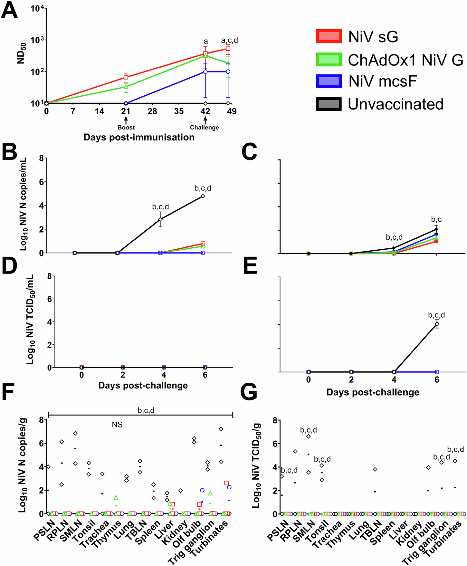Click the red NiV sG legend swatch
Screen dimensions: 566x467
pos(329,36)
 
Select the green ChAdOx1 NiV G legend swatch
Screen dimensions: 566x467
pos(329,60)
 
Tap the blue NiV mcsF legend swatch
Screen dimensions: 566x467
pos(329,82)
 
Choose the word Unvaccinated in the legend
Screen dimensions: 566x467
pos(396,104)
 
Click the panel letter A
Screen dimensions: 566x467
pos(9,11)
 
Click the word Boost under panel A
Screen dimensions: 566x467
pos(126,128)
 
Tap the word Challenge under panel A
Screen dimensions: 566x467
pos(204,128)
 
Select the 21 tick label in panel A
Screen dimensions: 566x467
pos(126,111)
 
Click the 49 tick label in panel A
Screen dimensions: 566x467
pos(231,111)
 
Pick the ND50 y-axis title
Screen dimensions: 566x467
pos(21,53)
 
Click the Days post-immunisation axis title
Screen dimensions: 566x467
pos(139,138)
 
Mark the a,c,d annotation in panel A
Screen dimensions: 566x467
pos(229,41)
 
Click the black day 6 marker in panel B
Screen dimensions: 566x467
pos(203,196)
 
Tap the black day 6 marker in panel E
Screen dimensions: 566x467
pos(437,324)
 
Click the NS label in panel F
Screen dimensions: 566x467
pos(117,425)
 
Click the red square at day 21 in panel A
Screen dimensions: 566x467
pos(126,77)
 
